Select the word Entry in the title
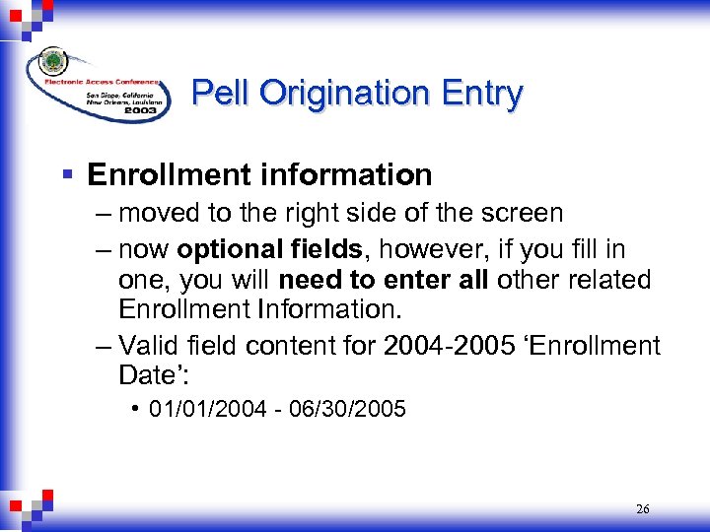click(x=480, y=93)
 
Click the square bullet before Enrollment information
click(x=67, y=175)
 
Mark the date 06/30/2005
click(x=356, y=409)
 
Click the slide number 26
click(x=642, y=509)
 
